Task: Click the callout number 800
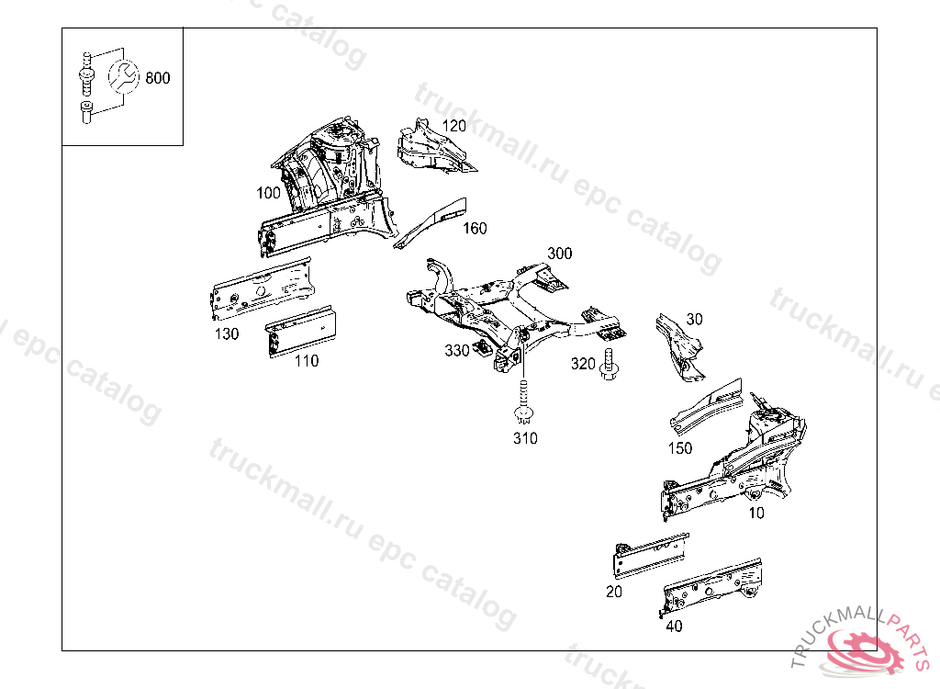coord(158,78)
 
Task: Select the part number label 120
coord(453,126)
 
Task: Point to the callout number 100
coord(269,193)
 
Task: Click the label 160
coord(475,229)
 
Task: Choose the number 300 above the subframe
coord(559,253)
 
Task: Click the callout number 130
coord(227,333)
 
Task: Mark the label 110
coord(307,361)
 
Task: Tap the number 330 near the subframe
coord(457,350)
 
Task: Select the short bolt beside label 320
coord(608,367)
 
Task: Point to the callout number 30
coord(694,319)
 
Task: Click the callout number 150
coord(680,448)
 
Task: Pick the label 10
coord(755,513)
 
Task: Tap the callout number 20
coord(614,592)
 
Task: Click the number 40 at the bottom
coord(674,627)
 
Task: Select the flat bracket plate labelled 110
coord(300,330)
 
